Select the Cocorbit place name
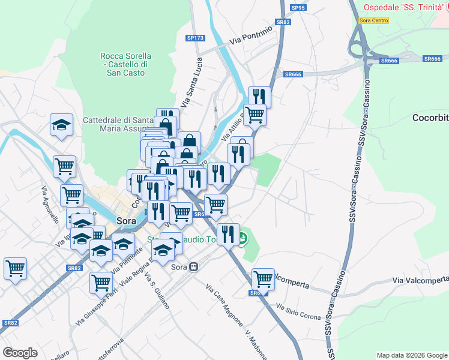point(430,118)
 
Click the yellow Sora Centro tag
point(373,20)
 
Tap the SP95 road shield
point(298,8)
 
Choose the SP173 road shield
point(196,38)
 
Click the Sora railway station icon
point(194,267)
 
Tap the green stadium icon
point(243,239)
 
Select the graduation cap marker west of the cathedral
point(61,125)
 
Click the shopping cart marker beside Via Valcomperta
point(263,278)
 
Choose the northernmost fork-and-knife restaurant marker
point(259,96)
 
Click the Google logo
point(20,353)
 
